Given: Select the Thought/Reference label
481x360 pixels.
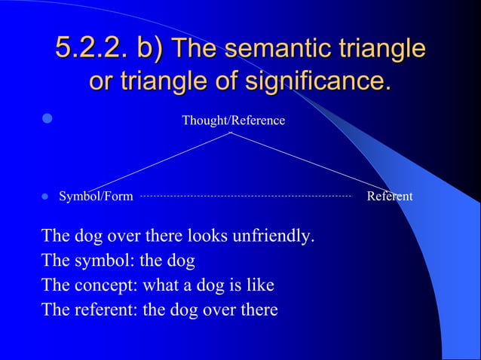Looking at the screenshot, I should point(233,120).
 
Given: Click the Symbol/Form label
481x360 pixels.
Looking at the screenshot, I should point(96,197).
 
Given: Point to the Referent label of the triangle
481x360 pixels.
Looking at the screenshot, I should point(389,197).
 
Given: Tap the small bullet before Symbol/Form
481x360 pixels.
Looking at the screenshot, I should point(44,197).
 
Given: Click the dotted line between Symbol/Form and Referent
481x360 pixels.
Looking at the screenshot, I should point(246,196).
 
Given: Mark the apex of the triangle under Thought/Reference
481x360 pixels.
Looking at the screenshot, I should point(231,133).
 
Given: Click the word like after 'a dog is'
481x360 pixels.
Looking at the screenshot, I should point(259,285).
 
